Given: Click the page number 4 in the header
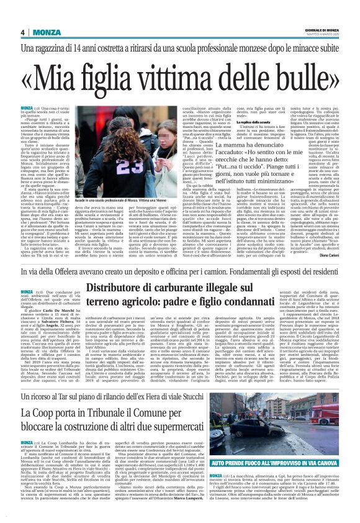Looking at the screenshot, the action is [22, 32].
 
